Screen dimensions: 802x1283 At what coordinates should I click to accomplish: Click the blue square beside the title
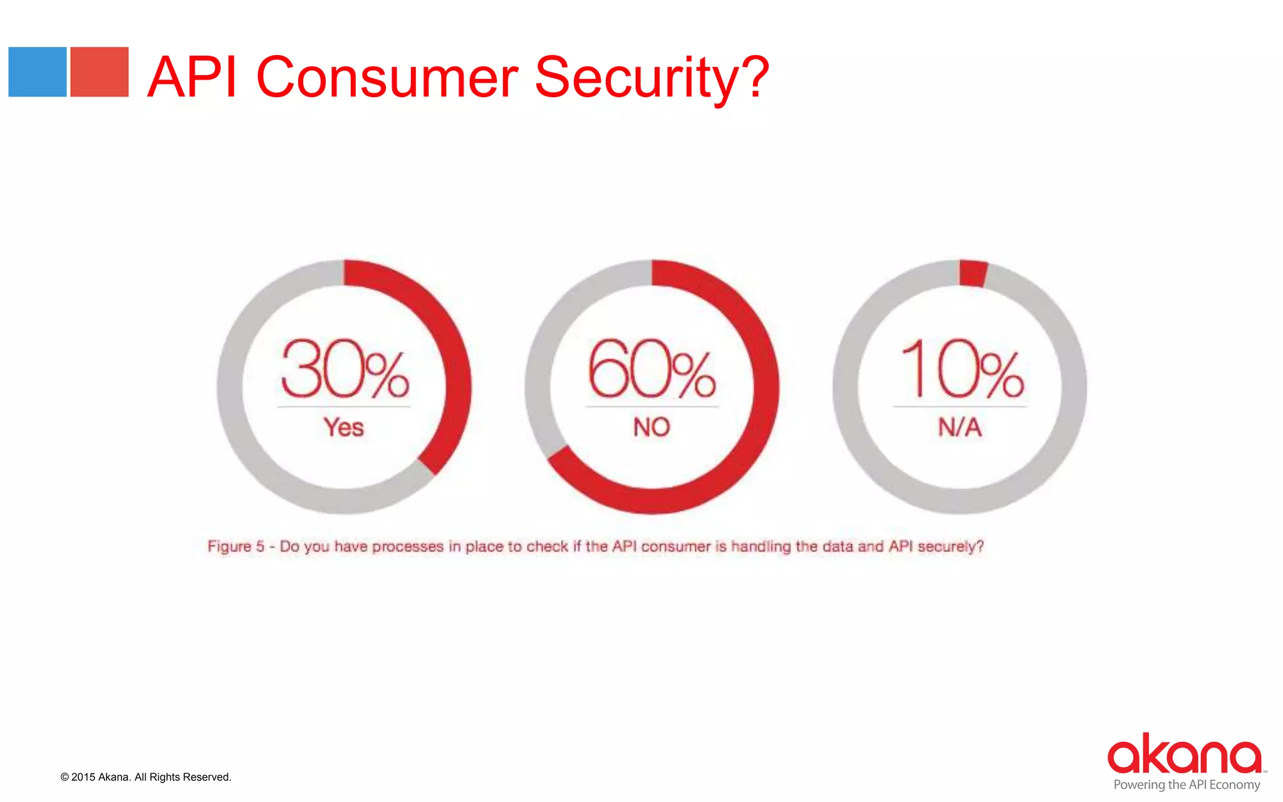click(38, 72)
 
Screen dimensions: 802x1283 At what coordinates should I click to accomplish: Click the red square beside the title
click(99, 72)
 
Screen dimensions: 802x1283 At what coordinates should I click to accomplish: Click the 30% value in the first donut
click(345, 370)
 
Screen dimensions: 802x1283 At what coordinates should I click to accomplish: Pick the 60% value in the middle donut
click(652, 370)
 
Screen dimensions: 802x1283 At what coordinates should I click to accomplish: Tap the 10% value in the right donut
click(960, 370)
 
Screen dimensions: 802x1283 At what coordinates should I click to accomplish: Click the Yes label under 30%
click(344, 427)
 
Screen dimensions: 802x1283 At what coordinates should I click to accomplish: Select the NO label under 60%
click(652, 427)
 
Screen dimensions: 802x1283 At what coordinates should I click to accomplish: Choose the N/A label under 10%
click(960, 427)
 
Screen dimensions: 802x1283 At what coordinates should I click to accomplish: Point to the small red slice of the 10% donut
click(973, 273)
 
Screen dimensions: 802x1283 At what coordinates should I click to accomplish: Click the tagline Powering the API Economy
click(1187, 784)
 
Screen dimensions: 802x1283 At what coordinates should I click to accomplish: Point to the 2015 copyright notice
click(146, 777)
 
